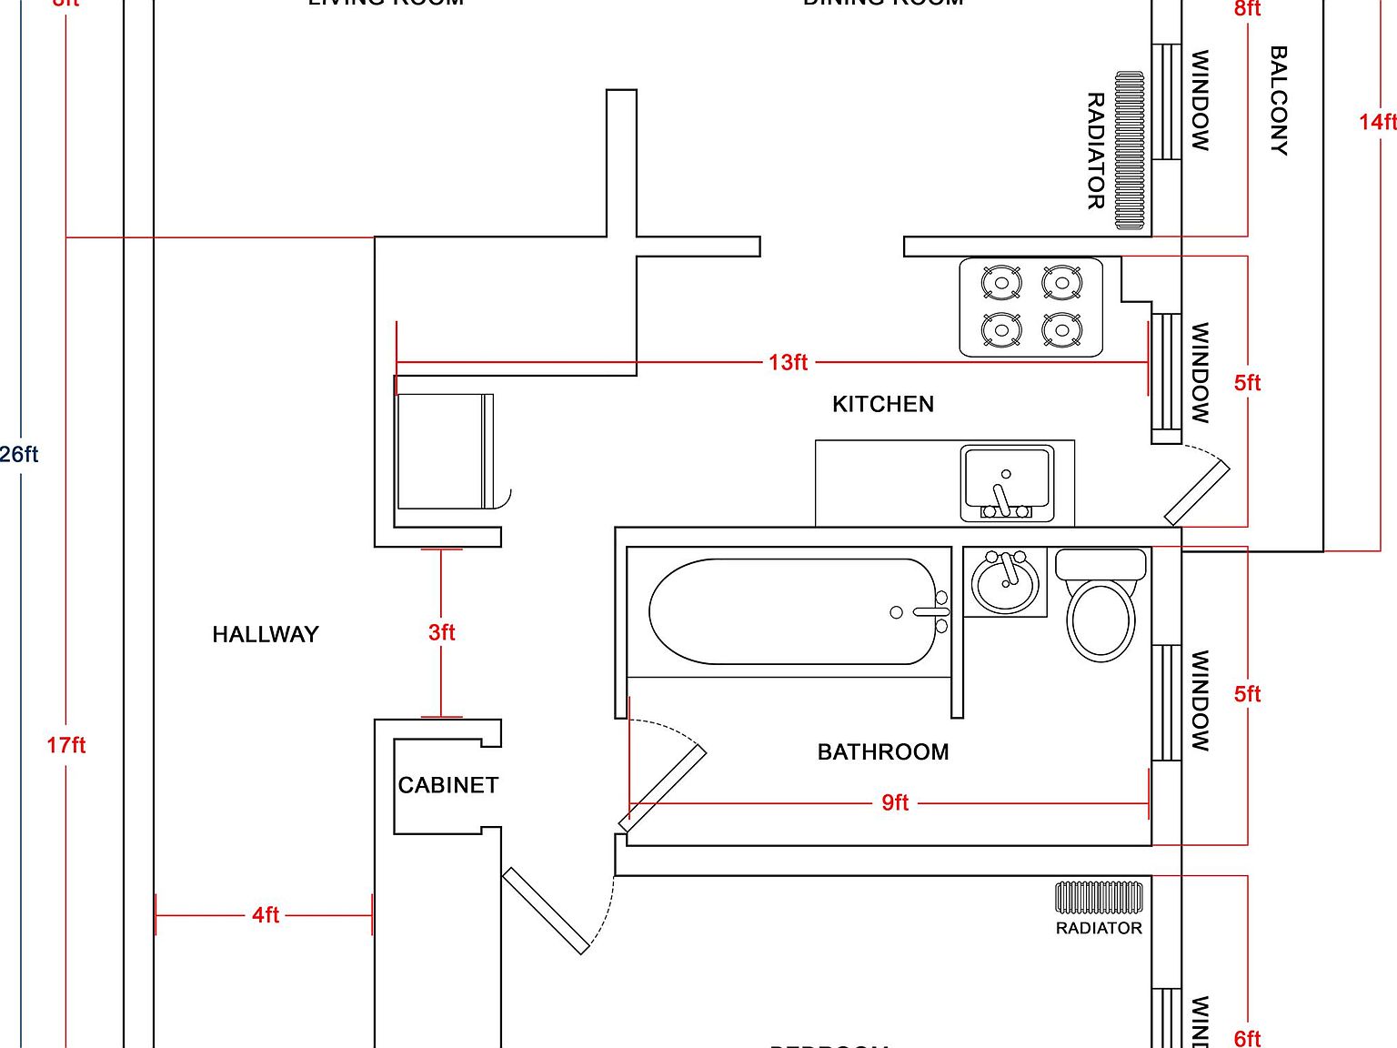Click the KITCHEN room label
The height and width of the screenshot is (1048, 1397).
[882, 404]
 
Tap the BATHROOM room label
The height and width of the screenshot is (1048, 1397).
[882, 752]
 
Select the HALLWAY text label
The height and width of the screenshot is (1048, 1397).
[266, 635]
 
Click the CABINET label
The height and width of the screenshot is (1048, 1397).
[447, 785]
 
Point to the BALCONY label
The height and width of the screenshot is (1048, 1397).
[1278, 101]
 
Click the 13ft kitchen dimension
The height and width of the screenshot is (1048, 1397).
[788, 362]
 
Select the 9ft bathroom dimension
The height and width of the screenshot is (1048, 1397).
[895, 802]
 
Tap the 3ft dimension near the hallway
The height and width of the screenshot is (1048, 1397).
[441, 632]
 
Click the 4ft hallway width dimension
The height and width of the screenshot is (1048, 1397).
[266, 915]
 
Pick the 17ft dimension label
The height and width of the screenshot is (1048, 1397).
[65, 746]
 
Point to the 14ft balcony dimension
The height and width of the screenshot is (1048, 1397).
[1377, 122]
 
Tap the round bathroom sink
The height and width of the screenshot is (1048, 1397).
[1005, 582]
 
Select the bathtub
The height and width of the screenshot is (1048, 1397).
[791, 611]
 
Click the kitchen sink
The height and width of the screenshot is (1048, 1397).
[1007, 483]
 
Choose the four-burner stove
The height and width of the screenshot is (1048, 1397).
[1031, 307]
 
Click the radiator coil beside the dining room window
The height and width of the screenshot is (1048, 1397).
[1130, 151]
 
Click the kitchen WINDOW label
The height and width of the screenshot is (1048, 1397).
[1201, 372]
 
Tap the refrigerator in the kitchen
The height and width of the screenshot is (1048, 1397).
[445, 451]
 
